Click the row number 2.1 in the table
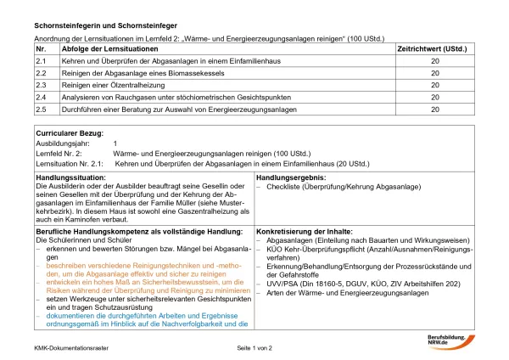coord(41,62)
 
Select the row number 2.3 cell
coord(41,86)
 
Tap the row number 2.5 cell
coord(41,110)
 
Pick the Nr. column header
coord(40,50)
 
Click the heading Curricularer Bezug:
coord(70,133)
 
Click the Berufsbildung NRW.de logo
coord(450,341)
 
